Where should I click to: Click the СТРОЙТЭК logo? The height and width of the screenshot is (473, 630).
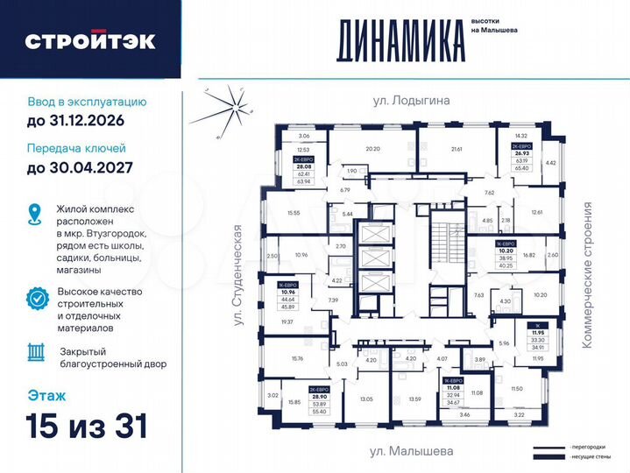(90, 40)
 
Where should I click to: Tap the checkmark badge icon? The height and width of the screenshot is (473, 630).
(37, 297)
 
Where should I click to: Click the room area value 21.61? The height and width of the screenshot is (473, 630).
(457, 150)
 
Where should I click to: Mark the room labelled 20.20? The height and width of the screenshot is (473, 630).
(373, 149)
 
